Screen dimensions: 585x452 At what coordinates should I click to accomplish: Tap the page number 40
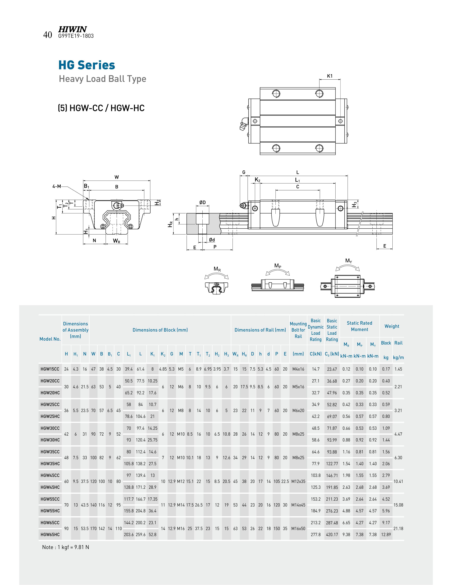tap(48, 35)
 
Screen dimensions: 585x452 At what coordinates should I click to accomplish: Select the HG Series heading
tap(87, 65)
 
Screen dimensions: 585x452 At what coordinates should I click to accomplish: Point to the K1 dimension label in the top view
tap(330, 76)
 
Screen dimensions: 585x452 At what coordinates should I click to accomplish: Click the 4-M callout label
tap(57, 186)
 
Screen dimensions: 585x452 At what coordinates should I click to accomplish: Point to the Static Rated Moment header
tap(359, 326)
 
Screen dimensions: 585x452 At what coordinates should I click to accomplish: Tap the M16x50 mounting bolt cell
tap(298, 528)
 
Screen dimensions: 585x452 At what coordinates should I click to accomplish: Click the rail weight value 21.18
tap(398, 528)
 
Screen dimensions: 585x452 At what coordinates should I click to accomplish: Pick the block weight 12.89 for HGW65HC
tap(386, 534)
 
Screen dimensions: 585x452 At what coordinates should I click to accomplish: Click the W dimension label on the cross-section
tap(117, 177)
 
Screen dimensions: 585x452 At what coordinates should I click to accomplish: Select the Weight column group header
tap(392, 326)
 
